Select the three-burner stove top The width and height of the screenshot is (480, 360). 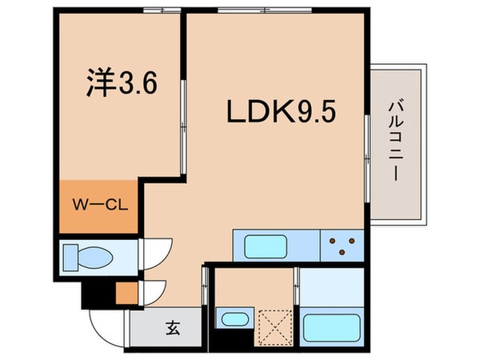(x=342, y=243)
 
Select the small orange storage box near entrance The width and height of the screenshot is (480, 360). (x=126, y=293)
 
